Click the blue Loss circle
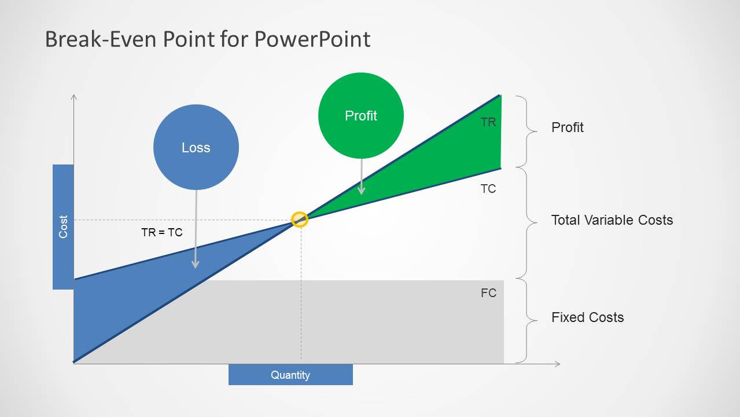click(x=196, y=147)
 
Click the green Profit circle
click(x=360, y=115)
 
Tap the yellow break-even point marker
click(x=299, y=220)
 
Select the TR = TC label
click(x=161, y=232)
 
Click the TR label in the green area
click(x=488, y=122)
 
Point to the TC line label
click(x=488, y=189)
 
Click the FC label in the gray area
click(x=488, y=293)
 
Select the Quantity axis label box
click(x=290, y=375)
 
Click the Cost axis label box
click(x=63, y=226)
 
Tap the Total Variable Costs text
click(x=612, y=220)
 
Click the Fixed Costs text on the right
click(x=587, y=317)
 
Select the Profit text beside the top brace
click(x=567, y=127)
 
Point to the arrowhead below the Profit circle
click(x=361, y=191)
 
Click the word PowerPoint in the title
click(x=312, y=39)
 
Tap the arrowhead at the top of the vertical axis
click(x=73, y=96)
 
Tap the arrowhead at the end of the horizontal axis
click(x=558, y=364)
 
